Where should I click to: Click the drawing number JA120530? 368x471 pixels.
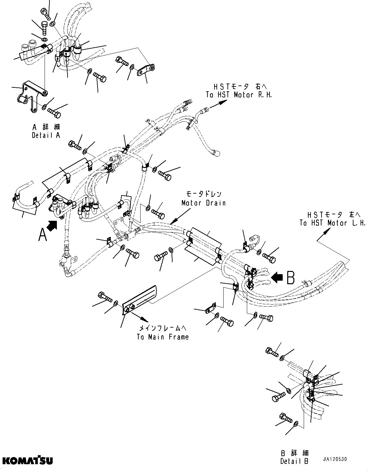point(334,459)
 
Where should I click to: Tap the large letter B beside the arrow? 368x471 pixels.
point(290,277)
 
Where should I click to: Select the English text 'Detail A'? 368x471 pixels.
point(46,135)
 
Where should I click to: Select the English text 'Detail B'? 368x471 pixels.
point(294,461)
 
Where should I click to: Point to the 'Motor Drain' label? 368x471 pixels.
point(203,203)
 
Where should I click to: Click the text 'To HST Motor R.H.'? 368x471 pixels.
point(239,95)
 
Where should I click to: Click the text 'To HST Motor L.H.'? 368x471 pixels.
point(332,223)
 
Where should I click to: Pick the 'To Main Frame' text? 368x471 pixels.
point(163,337)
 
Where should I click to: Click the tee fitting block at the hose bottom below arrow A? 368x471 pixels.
point(67,263)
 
